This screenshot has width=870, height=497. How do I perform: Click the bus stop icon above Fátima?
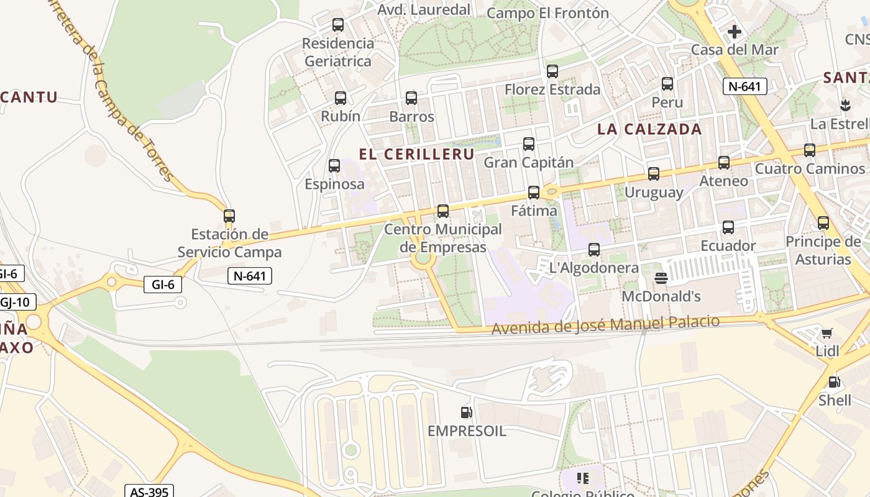coord(533,192)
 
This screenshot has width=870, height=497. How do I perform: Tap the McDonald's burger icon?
coord(661,278)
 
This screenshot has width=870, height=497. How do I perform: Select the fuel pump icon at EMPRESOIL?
coord(466,412)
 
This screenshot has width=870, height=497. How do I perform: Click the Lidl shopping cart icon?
coord(826,334)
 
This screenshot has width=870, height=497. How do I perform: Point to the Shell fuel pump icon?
coord(834,381)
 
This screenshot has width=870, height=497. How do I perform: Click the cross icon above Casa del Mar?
coord(734,31)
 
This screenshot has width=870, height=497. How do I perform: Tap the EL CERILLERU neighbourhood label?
coord(416,154)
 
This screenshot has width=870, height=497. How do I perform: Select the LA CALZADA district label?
coord(649,129)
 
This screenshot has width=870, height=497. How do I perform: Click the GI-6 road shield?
coord(163,285)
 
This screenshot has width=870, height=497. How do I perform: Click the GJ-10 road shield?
coord(17,303)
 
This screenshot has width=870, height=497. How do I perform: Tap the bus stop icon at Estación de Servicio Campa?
coord(229,216)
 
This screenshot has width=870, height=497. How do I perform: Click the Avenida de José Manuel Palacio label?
coord(605,324)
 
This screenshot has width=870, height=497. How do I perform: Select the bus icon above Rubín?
coord(341,98)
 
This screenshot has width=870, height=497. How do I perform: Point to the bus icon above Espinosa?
coord(334,165)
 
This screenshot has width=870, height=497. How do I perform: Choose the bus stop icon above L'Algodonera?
coord(594,249)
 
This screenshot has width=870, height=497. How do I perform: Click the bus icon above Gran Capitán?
coord(529,144)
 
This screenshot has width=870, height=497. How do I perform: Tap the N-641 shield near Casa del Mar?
coord(744,86)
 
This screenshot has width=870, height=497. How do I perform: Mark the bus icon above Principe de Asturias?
coord(823,222)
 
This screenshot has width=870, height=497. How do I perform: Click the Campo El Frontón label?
coord(547,13)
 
